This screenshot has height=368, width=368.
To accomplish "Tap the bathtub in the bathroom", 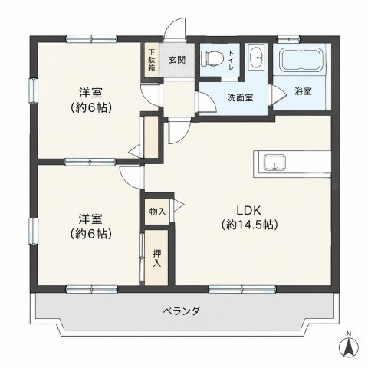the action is [x=302, y=61].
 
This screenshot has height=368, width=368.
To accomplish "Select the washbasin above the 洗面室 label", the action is [x=256, y=58].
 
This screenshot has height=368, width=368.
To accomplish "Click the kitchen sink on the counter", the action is [x=274, y=163].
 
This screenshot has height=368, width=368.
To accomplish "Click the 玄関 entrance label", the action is [x=177, y=60].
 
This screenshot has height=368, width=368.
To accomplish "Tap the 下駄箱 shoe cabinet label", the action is [x=152, y=60].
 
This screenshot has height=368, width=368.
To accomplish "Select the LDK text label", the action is [x=248, y=211].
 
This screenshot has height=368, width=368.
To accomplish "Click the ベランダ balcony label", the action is [x=181, y=311].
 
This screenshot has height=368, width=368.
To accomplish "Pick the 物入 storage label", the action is [x=157, y=212].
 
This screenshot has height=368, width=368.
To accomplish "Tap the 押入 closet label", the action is [x=157, y=258].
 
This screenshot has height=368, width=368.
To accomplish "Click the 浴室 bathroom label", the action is [x=303, y=91].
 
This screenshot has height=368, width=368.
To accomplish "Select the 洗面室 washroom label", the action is [x=240, y=97].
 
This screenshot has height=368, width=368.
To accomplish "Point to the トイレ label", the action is [x=232, y=61].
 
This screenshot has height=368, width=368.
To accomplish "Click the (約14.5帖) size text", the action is [x=249, y=225].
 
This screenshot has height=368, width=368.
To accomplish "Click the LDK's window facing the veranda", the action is [x=242, y=290].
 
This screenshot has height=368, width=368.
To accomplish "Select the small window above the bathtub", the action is [x=288, y=39].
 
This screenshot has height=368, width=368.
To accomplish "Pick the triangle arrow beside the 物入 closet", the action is [x=179, y=204].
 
